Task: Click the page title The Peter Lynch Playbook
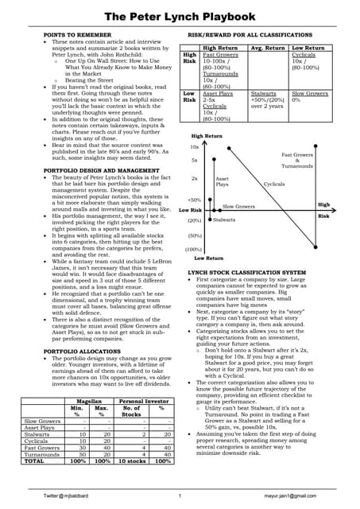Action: pos(180,16)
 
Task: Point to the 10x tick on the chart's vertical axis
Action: pos(195,147)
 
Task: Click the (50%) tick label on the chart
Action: pos(194,236)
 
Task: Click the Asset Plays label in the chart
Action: pos(223,182)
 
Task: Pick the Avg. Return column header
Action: pos(269,48)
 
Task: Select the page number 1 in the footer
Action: pos(180,496)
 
